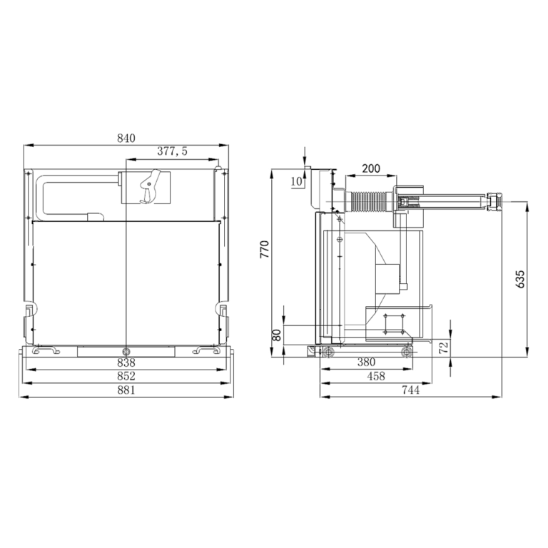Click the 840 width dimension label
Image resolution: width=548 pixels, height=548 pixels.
[126, 138]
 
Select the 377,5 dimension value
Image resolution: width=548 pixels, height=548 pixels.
[172, 151]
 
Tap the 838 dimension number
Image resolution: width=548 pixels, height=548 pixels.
[126, 362]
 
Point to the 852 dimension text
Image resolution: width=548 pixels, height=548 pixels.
[126, 376]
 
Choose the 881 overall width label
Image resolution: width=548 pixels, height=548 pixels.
[126, 390]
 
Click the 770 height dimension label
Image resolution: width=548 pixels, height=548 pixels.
[265, 249]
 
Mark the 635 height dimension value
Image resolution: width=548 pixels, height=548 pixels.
[520, 279]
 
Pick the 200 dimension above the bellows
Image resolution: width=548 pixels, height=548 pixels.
[371, 168]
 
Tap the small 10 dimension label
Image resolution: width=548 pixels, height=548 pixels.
[296, 181]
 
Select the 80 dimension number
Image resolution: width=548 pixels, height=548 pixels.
[276, 335]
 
